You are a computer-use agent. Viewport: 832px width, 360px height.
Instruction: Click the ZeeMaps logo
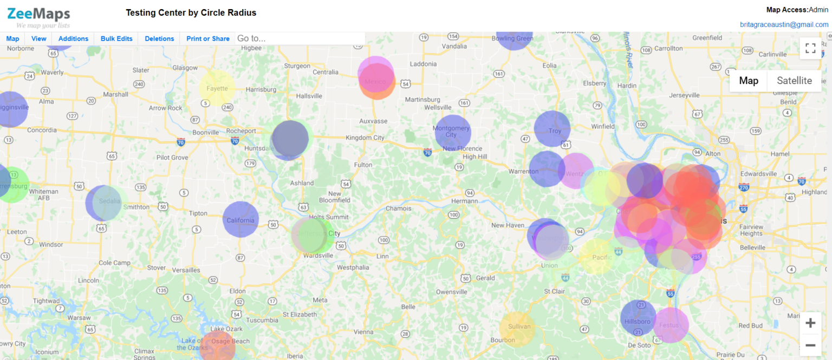pyautogui.click(x=39, y=17)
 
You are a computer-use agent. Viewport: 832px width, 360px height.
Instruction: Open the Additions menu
pyautogui.click(x=73, y=38)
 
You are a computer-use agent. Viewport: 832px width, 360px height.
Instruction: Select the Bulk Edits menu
pyautogui.click(x=116, y=38)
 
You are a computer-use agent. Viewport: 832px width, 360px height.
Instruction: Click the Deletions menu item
pyautogui.click(x=159, y=38)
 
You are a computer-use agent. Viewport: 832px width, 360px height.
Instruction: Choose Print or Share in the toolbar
pyautogui.click(x=208, y=38)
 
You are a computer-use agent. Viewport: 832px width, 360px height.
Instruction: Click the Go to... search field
pyautogui.click(x=298, y=38)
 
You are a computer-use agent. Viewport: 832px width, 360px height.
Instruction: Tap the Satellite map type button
pyautogui.click(x=794, y=81)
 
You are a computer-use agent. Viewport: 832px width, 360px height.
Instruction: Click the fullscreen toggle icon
pyautogui.click(x=810, y=48)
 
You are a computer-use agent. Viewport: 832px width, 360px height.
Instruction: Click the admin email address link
pyautogui.click(x=784, y=24)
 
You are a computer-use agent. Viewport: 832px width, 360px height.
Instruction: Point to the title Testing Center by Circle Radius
pyautogui.click(x=191, y=12)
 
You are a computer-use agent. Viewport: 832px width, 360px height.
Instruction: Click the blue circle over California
pyautogui.click(x=240, y=219)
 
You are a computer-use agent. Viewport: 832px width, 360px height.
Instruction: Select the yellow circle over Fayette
pyautogui.click(x=217, y=88)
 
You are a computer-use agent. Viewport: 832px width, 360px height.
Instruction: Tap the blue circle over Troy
pyautogui.click(x=552, y=129)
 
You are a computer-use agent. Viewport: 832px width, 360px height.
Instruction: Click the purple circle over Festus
pyautogui.click(x=671, y=325)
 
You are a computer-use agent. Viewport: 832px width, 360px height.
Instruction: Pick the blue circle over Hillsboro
pyautogui.click(x=638, y=318)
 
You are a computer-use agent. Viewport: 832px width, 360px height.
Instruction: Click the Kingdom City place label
pyautogui.click(x=365, y=138)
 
